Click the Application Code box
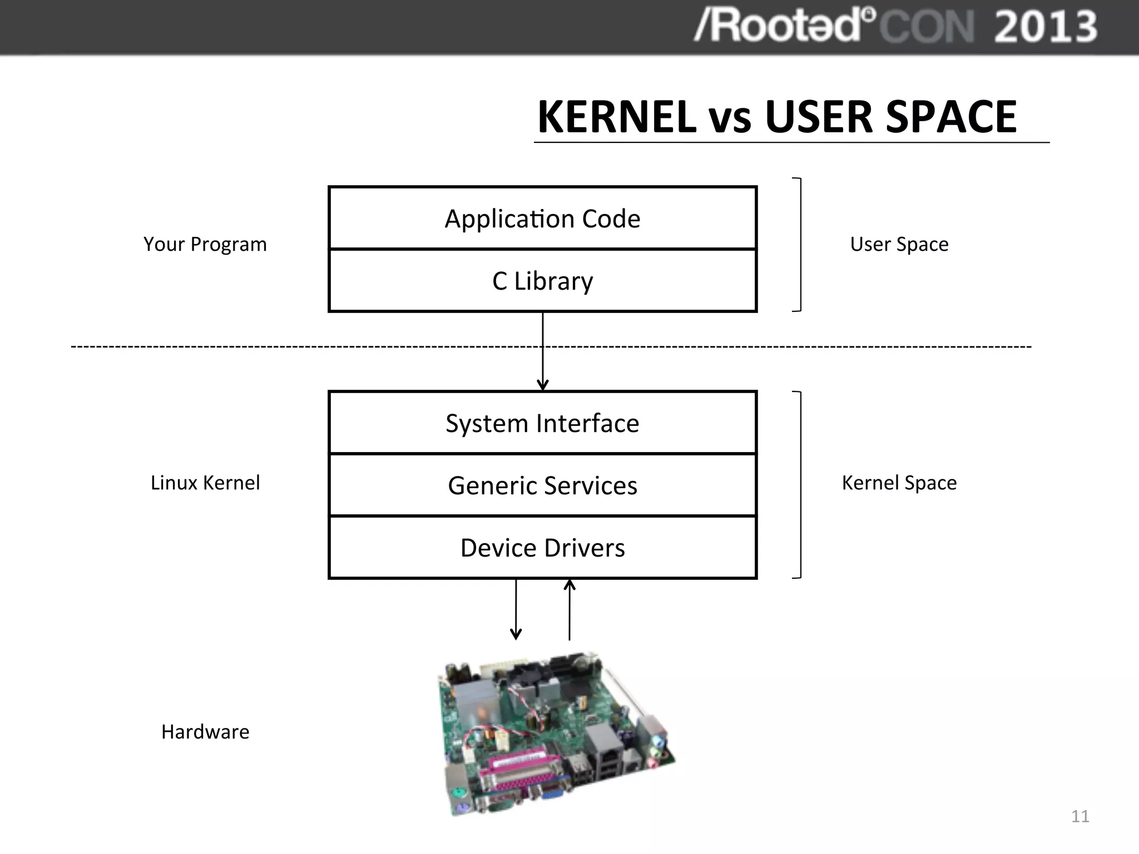tap(542, 219)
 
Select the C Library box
tap(542, 281)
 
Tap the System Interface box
tap(542, 423)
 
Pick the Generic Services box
tap(542, 485)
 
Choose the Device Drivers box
tap(542, 548)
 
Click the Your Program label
tap(205, 244)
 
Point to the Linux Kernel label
tap(205, 483)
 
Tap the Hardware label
tap(205, 732)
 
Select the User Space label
tap(899, 244)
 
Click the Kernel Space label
tap(899, 483)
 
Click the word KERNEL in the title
tap(616, 117)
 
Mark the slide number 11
tap(1079, 816)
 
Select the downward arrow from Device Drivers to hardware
tap(516, 609)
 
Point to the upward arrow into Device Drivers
tap(569, 609)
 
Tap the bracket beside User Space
tap(799, 245)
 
